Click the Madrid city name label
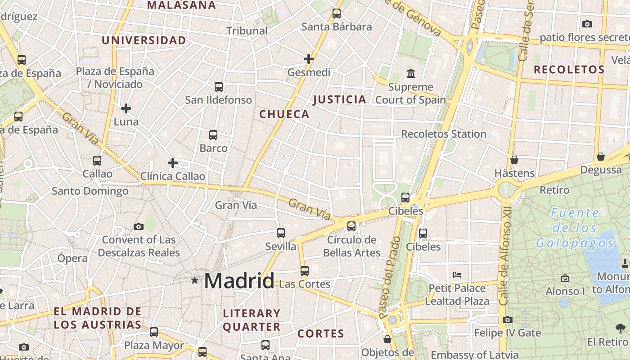tap(239, 281)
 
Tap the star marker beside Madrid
tap(194, 280)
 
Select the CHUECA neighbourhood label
tap(284, 114)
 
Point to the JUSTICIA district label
tap(340, 100)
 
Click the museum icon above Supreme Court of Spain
tap(410, 73)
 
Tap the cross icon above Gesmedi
tap(308, 59)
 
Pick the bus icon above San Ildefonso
tap(219, 87)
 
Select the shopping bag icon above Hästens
tap(514, 160)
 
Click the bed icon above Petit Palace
tap(457, 274)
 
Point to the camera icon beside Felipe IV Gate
tap(508, 320)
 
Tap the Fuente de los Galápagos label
tap(575, 228)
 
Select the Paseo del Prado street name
tap(390, 279)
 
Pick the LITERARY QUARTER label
tap(252, 320)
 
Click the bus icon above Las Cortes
tap(305, 271)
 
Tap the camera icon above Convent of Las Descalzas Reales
tap(139, 226)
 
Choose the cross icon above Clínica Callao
tap(172, 163)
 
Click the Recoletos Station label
tap(443, 134)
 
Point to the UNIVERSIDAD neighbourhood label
tap(144, 40)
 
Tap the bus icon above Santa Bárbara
tap(337, 13)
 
